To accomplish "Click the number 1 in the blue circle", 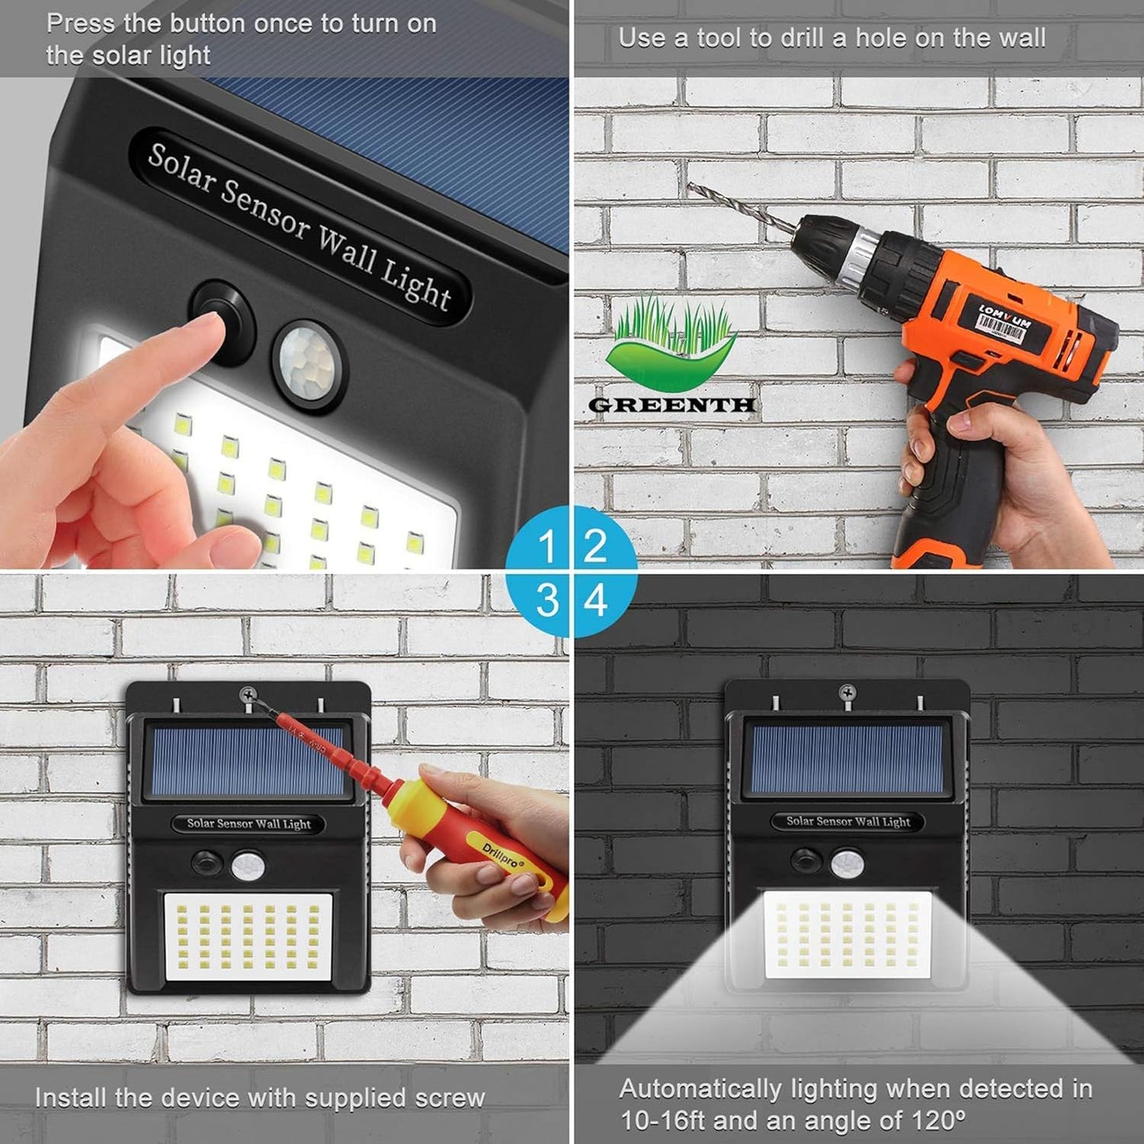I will [x=546, y=546].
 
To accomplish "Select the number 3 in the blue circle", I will [x=546, y=600].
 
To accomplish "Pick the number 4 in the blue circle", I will [x=595, y=600].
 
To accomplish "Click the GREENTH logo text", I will [x=671, y=405].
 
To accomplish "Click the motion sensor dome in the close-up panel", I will [x=310, y=361].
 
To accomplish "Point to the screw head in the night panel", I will [x=848, y=694].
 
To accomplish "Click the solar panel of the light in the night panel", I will [x=846, y=761].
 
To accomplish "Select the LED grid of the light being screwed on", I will [x=248, y=937].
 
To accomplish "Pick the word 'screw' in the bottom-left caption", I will [x=446, y=1098].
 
